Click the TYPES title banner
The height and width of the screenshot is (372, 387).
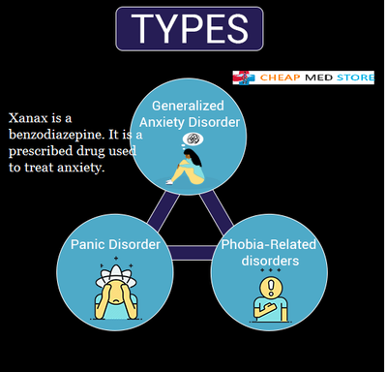[x=189, y=29]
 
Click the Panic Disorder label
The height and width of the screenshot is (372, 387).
[x=115, y=244]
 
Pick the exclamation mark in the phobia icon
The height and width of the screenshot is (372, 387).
[x=271, y=286]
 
